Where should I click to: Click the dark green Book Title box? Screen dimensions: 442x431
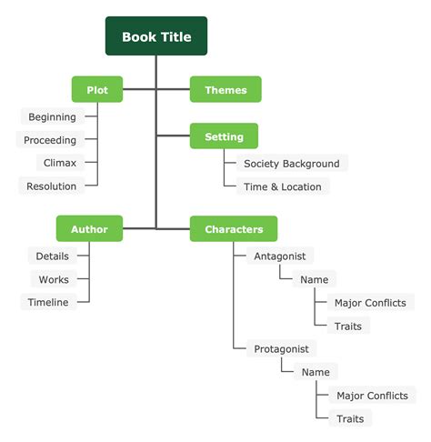pyautogui.click(x=155, y=36)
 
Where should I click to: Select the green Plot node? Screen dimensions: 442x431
pyautogui.click(x=97, y=89)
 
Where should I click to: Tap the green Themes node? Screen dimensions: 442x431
pyautogui.click(x=225, y=89)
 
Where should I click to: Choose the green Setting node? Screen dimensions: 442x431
pyautogui.click(x=224, y=136)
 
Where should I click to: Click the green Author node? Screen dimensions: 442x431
pyautogui.click(x=89, y=229)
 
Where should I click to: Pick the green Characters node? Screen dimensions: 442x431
pyautogui.click(x=234, y=229)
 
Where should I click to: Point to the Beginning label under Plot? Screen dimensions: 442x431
pyautogui.click(x=52, y=116)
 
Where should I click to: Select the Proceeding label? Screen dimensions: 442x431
pyautogui.click(x=50, y=140)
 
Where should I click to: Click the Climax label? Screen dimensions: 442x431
pyautogui.click(x=59, y=163)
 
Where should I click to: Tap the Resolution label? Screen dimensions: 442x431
pyautogui.click(x=52, y=186)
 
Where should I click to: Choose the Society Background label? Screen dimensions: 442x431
pyautogui.click(x=291, y=164)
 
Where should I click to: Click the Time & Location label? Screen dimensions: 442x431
pyautogui.click(x=282, y=186)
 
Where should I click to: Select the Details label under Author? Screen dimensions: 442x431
pyautogui.click(x=53, y=256)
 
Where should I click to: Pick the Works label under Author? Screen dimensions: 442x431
pyautogui.click(x=54, y=279)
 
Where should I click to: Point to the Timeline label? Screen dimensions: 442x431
pyautogui.click(x=48, y=302)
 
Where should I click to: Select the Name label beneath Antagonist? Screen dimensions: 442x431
pyautogui.click(x=315, y=279)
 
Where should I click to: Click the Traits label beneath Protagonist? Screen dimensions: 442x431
pyautogui.click(x=350, y=418)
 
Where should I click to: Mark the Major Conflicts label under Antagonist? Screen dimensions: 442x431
pyautogui.click(x=369, y=303)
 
